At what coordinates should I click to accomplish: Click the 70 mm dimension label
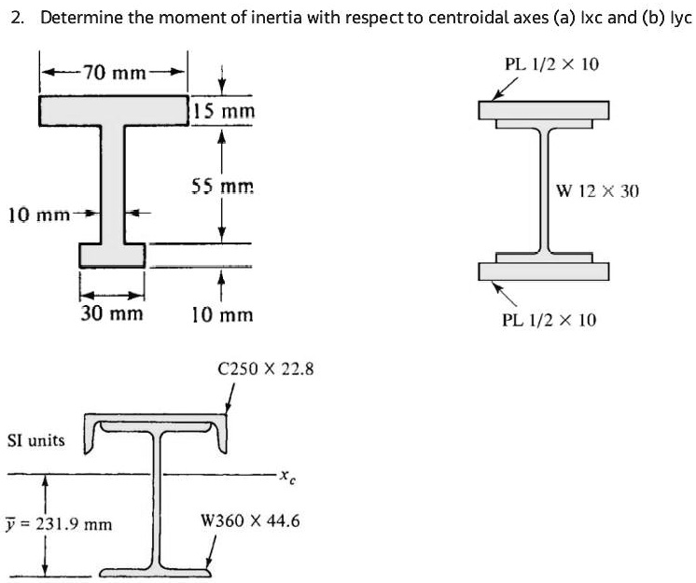click(113, 72)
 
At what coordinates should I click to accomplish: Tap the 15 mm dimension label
click(225, 112)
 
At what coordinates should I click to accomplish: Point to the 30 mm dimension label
click(112, 313)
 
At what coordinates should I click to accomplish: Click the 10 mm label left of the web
click(37, 215)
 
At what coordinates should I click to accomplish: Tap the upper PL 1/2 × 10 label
click(551, 64)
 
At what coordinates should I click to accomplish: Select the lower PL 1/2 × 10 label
click(549, 320)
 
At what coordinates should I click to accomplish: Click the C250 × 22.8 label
click(265, 369)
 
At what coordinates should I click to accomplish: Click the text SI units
click(35, 438)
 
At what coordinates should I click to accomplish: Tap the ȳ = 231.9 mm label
click(60, 524)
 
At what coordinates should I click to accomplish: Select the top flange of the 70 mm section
click(113, 109)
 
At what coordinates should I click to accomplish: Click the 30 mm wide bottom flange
click(112, 253)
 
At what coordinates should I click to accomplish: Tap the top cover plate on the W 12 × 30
click(544, 110)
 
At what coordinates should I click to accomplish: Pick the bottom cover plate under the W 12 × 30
click(544, 271)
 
